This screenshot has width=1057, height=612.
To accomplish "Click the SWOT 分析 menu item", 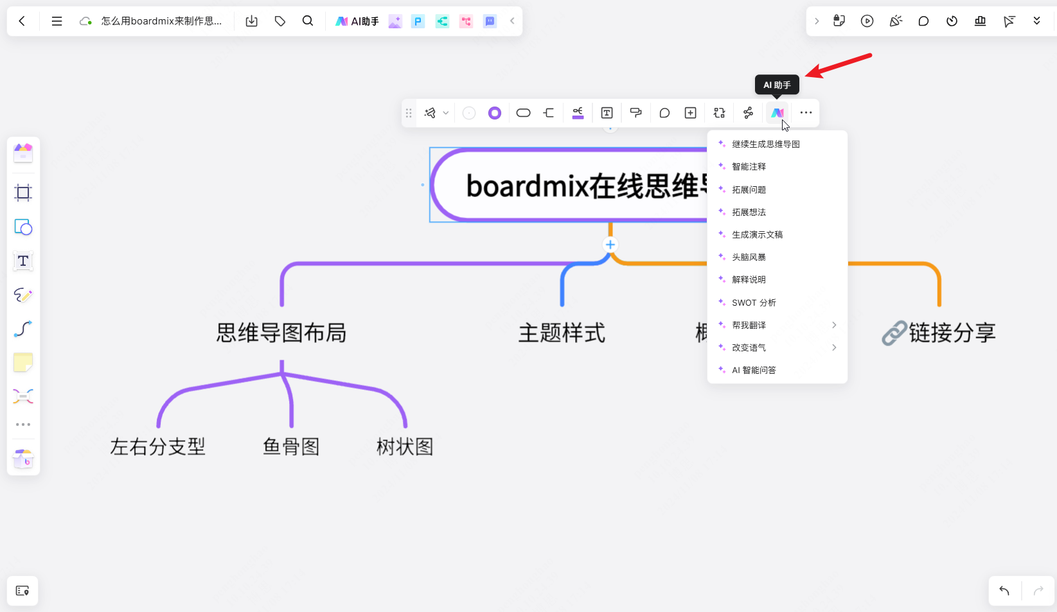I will point(754,302).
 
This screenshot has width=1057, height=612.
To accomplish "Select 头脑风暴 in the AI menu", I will point(749,257).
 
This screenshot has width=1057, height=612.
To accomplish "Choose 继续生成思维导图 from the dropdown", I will point(765,144).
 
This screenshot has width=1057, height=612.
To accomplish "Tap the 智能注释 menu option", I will point(749,167).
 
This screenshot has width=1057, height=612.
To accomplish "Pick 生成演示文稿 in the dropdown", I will point(757,234).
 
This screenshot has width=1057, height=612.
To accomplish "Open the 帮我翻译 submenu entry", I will point(749,325).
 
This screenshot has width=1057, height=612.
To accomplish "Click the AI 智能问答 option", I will point(754,370).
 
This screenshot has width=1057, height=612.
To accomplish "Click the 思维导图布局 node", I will point(281,333).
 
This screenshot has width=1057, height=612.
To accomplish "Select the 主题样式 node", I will point(562,333).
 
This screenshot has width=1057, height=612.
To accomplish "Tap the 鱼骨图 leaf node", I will point(291,446).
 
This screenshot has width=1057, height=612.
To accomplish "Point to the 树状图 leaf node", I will point(405,446).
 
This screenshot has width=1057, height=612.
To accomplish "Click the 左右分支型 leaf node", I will point(158,446).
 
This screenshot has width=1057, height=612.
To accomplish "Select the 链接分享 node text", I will point(952,333).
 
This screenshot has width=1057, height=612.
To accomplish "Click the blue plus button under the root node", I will point(610,245).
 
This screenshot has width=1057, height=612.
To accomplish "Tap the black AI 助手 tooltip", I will point(777,85).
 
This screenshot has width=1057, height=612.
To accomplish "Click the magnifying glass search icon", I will point(308,21).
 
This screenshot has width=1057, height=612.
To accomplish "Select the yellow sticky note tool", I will point(23,363).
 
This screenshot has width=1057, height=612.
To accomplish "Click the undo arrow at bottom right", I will point(1004,591).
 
